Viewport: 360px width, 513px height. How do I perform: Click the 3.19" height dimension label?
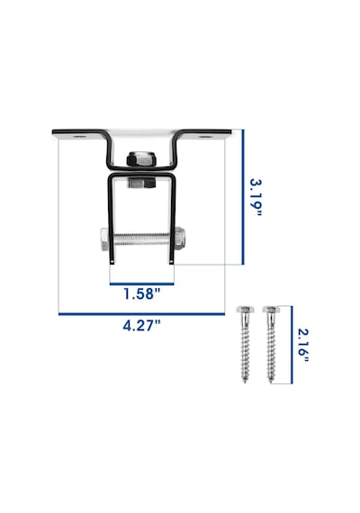pos(256,197)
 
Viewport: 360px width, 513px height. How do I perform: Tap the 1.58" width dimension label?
pos(142,293)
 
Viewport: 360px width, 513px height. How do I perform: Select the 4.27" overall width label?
pos(142,326)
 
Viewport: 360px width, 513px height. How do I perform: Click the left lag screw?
pos(245,344)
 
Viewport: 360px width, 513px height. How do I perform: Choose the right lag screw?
pos(271,344)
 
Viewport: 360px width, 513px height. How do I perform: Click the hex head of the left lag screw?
pos(245,309)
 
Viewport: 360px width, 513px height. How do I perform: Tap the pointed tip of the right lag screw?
pos(271,382)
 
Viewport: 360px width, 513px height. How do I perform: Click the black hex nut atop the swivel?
pos(141,159)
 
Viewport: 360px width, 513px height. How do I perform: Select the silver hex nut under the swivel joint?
pos(141,183)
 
